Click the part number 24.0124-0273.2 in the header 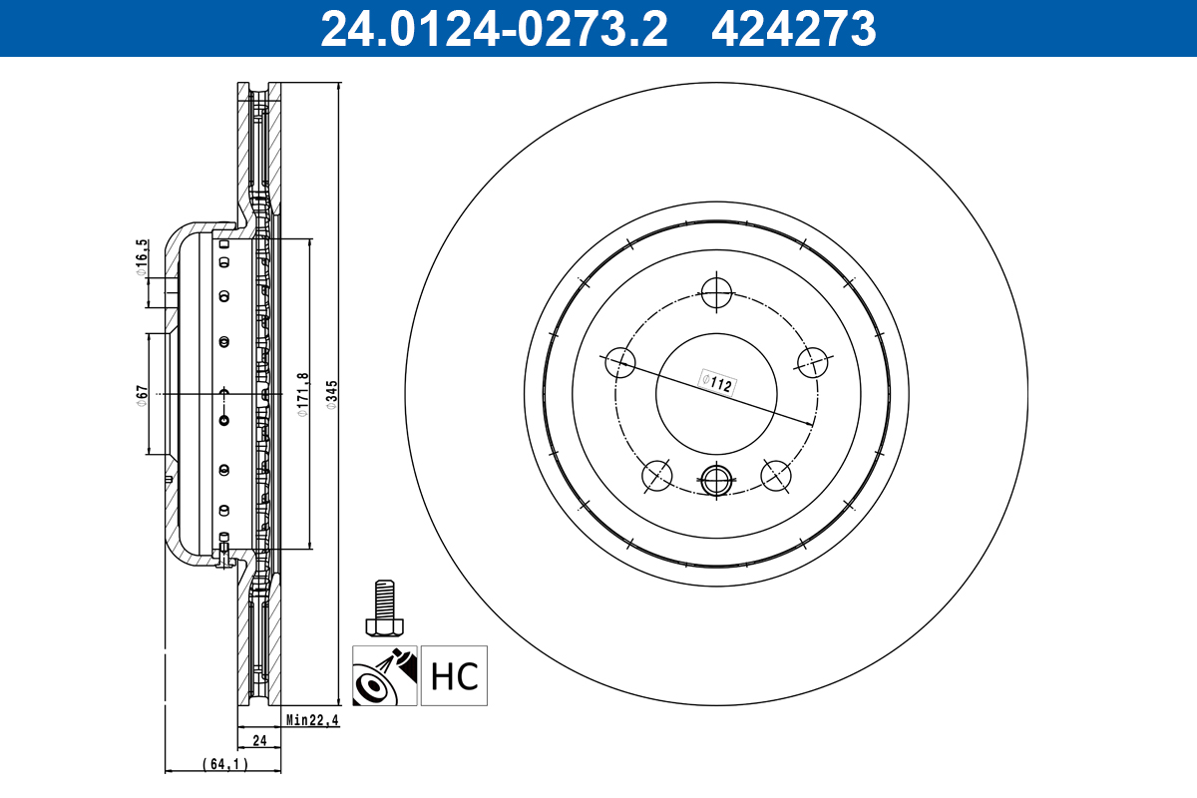click(493, 29)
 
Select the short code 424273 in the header click(793, 29)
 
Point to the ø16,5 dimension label click(143, 256)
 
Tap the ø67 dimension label click(143, 395)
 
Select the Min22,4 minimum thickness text click(312, 720)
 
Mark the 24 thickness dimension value click(259, 740)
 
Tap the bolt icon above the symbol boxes click(384, 608)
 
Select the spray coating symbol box click(384, 675)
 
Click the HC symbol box click(455, 675)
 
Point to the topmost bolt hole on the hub click(716, 292)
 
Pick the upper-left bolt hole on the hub click(619, 362)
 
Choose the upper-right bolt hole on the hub click(813, 362)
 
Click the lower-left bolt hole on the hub click(656, 476)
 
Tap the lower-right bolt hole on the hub click(776, 476)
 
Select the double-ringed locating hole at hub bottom click(716, 481)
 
